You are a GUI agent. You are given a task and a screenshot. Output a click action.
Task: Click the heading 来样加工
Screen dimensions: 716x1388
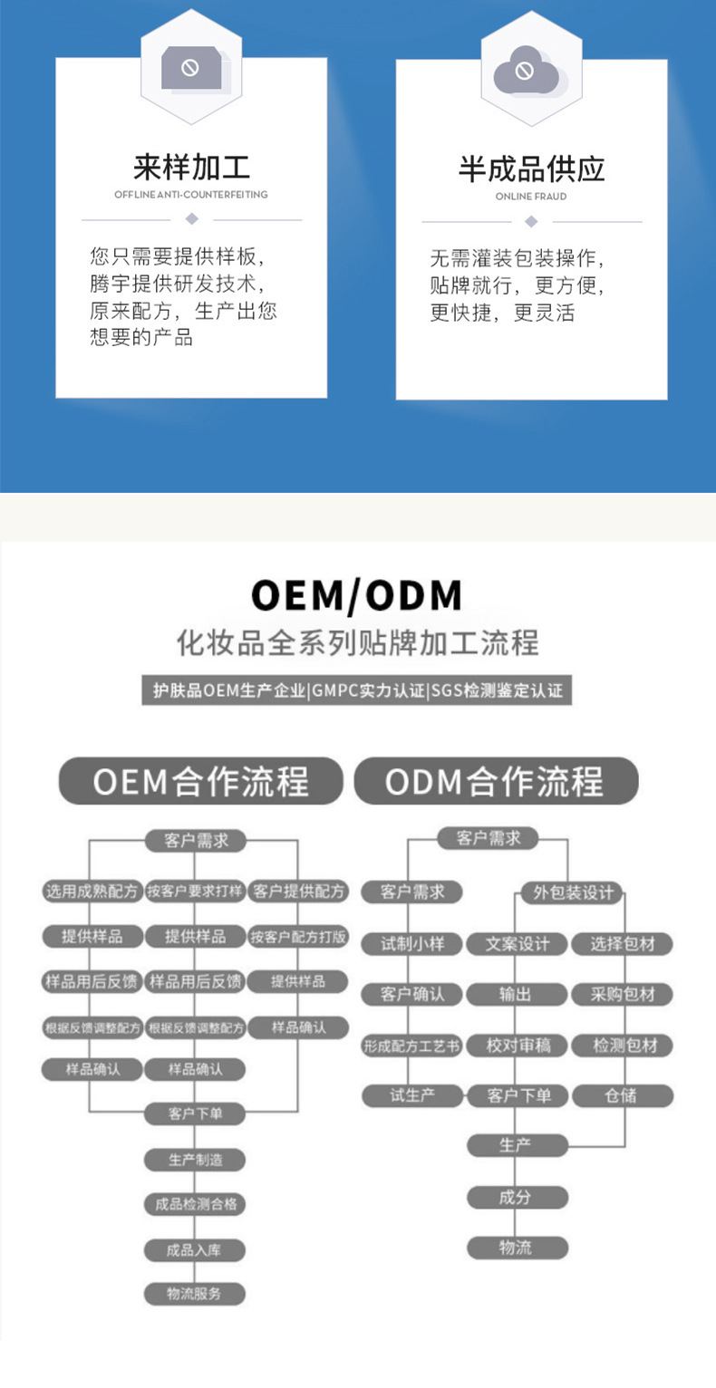pyautogui.click(x=191, y=168)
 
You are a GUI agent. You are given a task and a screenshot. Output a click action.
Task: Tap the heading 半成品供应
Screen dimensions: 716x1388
pyautogui.click(x=531, y=169)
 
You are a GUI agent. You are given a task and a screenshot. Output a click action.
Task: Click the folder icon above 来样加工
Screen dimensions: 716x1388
pyautogui.click(x=191, y=68)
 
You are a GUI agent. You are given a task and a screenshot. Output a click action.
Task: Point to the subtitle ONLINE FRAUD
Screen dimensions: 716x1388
pyautogui.click(x=531, y=197)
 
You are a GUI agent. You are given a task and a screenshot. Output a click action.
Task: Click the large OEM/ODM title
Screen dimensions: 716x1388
pyautogui.click(x=357, y=595)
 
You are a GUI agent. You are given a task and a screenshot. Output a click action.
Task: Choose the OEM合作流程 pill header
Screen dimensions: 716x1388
pyautogui.click(x=200, y=781)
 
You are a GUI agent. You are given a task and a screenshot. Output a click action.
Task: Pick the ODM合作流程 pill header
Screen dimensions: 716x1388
pyautogui.click(x=495, y=781)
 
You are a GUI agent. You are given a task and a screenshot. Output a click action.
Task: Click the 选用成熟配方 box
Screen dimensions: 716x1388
pyautogui.click(x=92, y=892)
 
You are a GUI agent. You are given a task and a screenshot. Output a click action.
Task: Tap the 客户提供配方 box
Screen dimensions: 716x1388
pyautogui.click(x=299, y=892)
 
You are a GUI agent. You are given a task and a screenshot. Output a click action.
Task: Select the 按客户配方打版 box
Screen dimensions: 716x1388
pyautogui.click(x=299, y=937)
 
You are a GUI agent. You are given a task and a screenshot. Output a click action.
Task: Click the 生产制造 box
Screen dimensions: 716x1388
pyautogui.click(x=195, y=1160)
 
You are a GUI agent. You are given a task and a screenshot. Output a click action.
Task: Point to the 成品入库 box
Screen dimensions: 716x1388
pyautogui.click(x=195, y=1250)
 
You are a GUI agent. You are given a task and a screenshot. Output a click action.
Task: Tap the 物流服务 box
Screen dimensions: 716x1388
pyautogui.click(x=195, y=1294)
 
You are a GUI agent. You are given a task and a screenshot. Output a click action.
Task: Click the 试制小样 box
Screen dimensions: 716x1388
pyautogui.click(x=412, y=944)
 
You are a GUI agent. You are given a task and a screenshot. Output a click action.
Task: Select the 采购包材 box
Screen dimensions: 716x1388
pyautogui.click(x=623, y=994)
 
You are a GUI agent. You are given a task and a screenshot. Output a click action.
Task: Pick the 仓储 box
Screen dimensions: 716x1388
pyautogui.click(x=622, y=1095)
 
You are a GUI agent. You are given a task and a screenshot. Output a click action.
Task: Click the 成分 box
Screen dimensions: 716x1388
pyautogui.click(x=517, y=1197)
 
